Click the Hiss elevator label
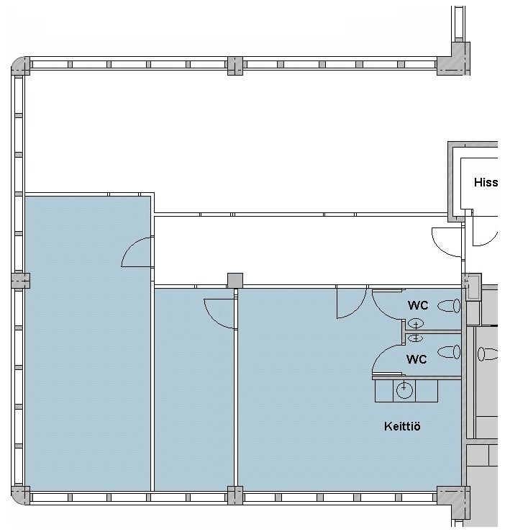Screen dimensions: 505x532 coord(486,182)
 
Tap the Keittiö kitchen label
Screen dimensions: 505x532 coord(402,426)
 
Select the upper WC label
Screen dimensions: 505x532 coord(418,305)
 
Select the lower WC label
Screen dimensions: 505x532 coord(417,359)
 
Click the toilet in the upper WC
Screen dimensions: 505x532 coord(449,306)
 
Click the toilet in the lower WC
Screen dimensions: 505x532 coord(449,352)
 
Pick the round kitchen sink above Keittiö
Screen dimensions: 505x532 coord(404,390)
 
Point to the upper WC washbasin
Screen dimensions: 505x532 coord(416,324)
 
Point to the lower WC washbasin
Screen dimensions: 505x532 coord(416,338)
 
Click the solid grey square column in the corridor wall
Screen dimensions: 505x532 coord(235,281)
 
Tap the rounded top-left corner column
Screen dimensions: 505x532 coord(20,66)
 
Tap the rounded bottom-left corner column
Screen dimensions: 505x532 coord(20,495)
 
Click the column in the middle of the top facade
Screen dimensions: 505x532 coord(235,66)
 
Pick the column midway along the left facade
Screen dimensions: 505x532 coord(20,281)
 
